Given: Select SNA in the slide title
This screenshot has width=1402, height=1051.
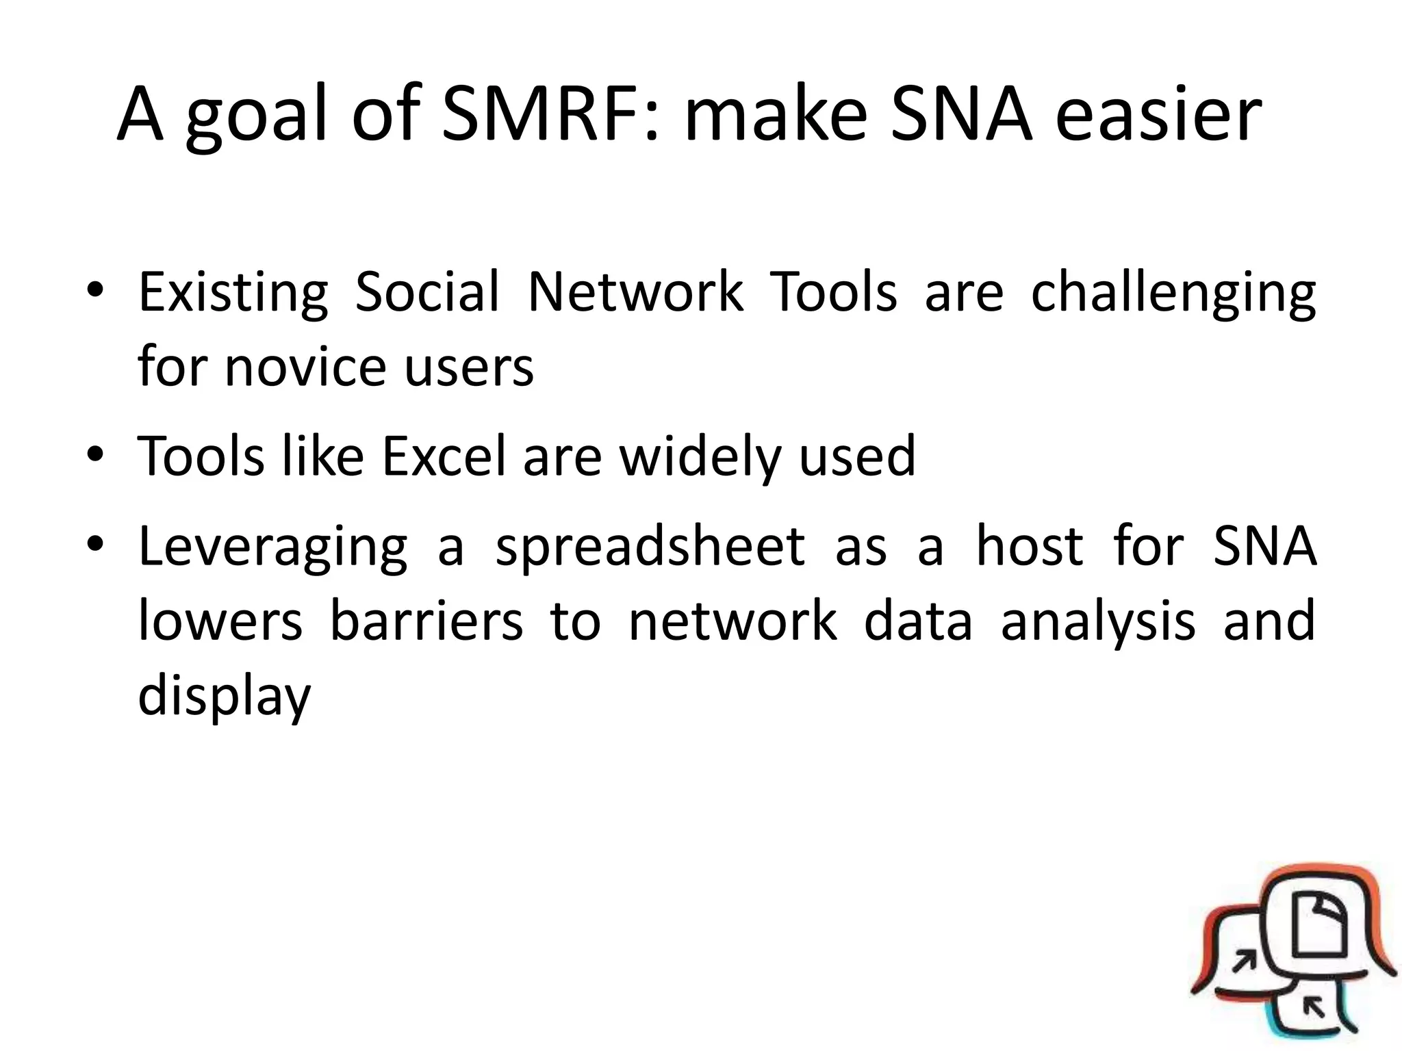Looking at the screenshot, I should coord(961,115).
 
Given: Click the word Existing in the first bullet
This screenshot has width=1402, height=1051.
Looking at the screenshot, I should coord(233,294).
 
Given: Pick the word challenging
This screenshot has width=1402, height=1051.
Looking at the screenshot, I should coord(1173,294).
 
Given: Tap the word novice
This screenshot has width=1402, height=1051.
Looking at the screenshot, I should coord(305,368).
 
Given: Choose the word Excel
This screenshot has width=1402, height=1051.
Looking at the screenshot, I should coord(444,456).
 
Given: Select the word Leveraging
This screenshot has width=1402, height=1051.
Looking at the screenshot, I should coord(272,547).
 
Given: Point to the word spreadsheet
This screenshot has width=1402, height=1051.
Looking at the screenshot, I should coord(650,547).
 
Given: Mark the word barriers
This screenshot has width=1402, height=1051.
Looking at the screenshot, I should coord(426,621).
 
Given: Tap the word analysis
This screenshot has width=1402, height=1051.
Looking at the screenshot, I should coord(1098,621).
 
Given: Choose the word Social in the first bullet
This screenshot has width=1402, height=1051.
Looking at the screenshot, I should coord(427,294).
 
